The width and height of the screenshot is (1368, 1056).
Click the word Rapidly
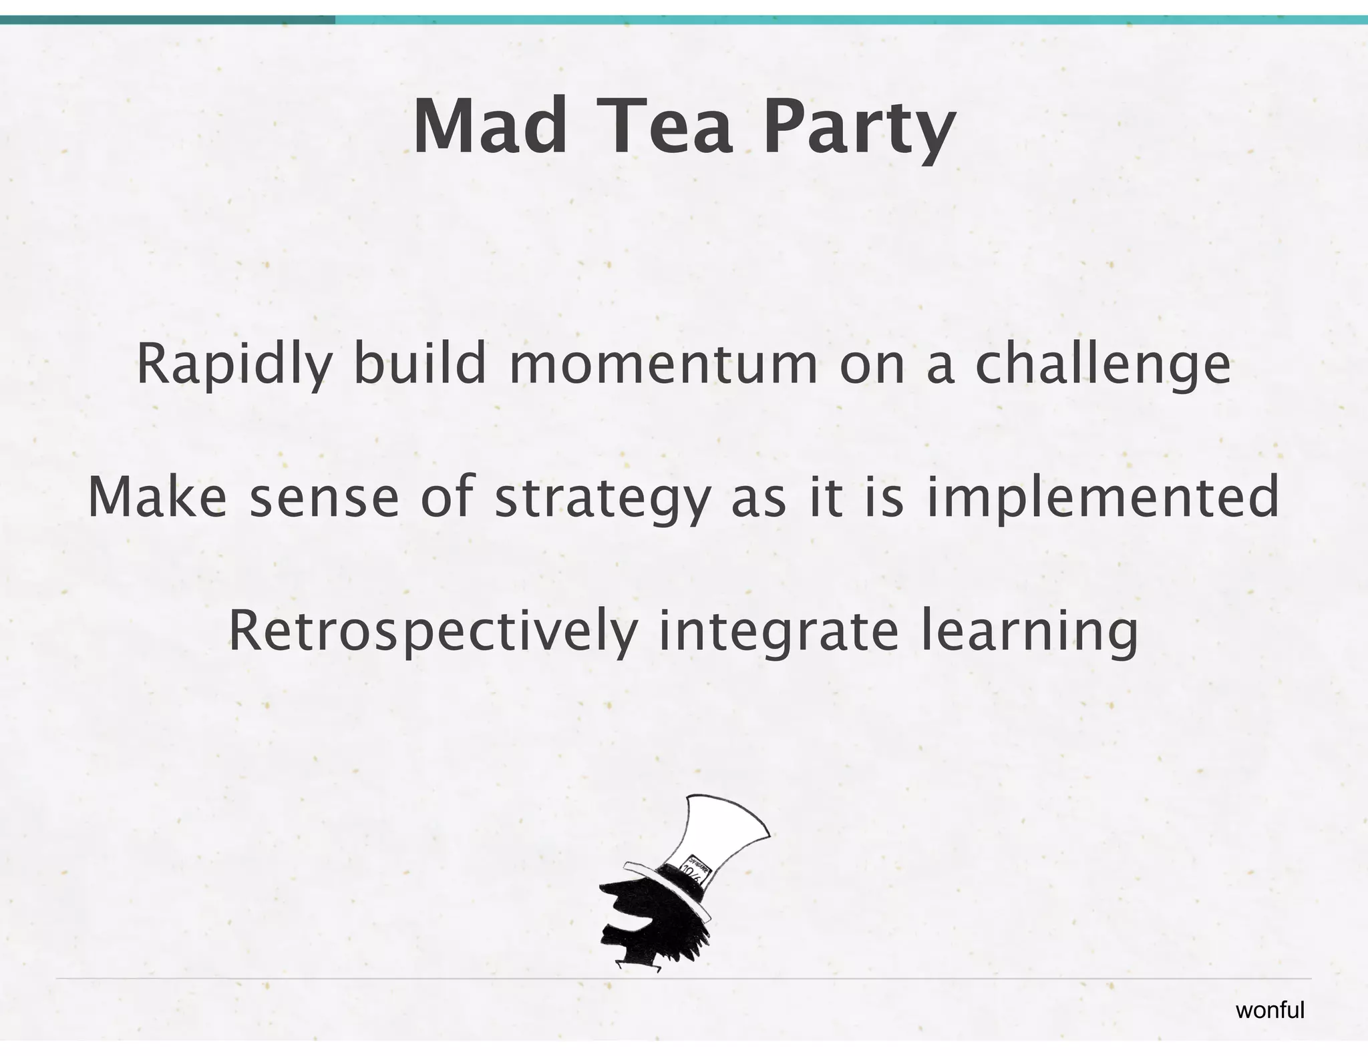pyautogui.click(x=234, y=365)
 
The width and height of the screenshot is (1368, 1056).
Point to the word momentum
pyautogui.click(x=663, y=365)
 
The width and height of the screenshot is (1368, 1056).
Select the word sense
pyautogui.click(x=324, y=499)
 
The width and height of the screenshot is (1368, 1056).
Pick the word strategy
pyautogui.click(x=601, y=501)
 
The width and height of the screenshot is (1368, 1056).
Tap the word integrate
pyautogui.click(x=778, y=632)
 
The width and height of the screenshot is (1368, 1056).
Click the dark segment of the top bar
pyautogui.click(x=167, y=20)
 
